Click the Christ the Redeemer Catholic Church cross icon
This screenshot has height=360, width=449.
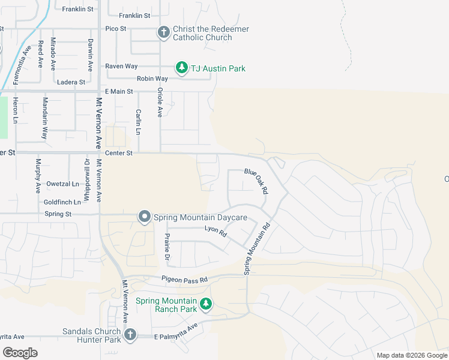[163, 33]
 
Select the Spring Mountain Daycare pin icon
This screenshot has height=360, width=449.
[144, 217]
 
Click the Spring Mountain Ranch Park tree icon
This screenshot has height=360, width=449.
[206, 305]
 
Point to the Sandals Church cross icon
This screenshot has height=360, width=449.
[130, 335]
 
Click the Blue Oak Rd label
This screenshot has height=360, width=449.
[256, 180]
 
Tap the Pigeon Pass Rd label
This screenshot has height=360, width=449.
[184, 280]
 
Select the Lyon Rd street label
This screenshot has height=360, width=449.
[215, 231]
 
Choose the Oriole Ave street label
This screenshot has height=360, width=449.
[160, 102]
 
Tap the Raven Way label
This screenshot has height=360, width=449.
[121, 66]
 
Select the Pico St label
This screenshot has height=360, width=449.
[115, 28]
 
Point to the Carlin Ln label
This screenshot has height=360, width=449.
[138, 122]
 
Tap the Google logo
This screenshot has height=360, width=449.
[20, 353]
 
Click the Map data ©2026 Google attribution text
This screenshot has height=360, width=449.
[411, 355]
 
